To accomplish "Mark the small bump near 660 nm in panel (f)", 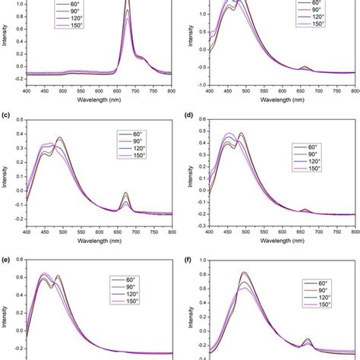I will coord(308,339).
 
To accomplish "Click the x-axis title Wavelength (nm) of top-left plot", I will coord(99,99).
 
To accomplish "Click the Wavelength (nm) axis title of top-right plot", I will coord(282,99).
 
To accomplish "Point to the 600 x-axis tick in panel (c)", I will coord(99,232).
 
